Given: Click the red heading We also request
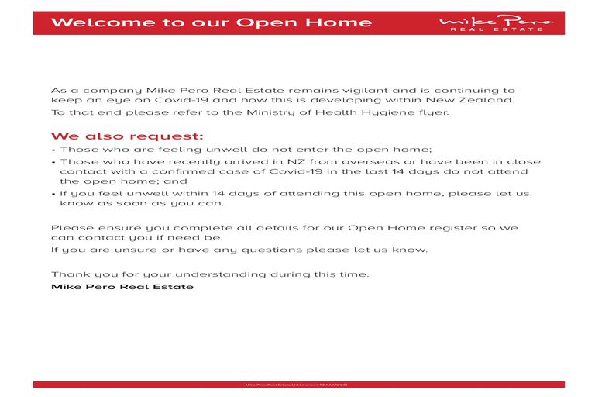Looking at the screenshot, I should [x=127, y=135].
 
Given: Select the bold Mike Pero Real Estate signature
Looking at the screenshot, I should [x=122, y=286].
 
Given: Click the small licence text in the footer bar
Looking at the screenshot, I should [x=297, y=385].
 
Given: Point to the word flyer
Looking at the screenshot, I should [x=434, y=113].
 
